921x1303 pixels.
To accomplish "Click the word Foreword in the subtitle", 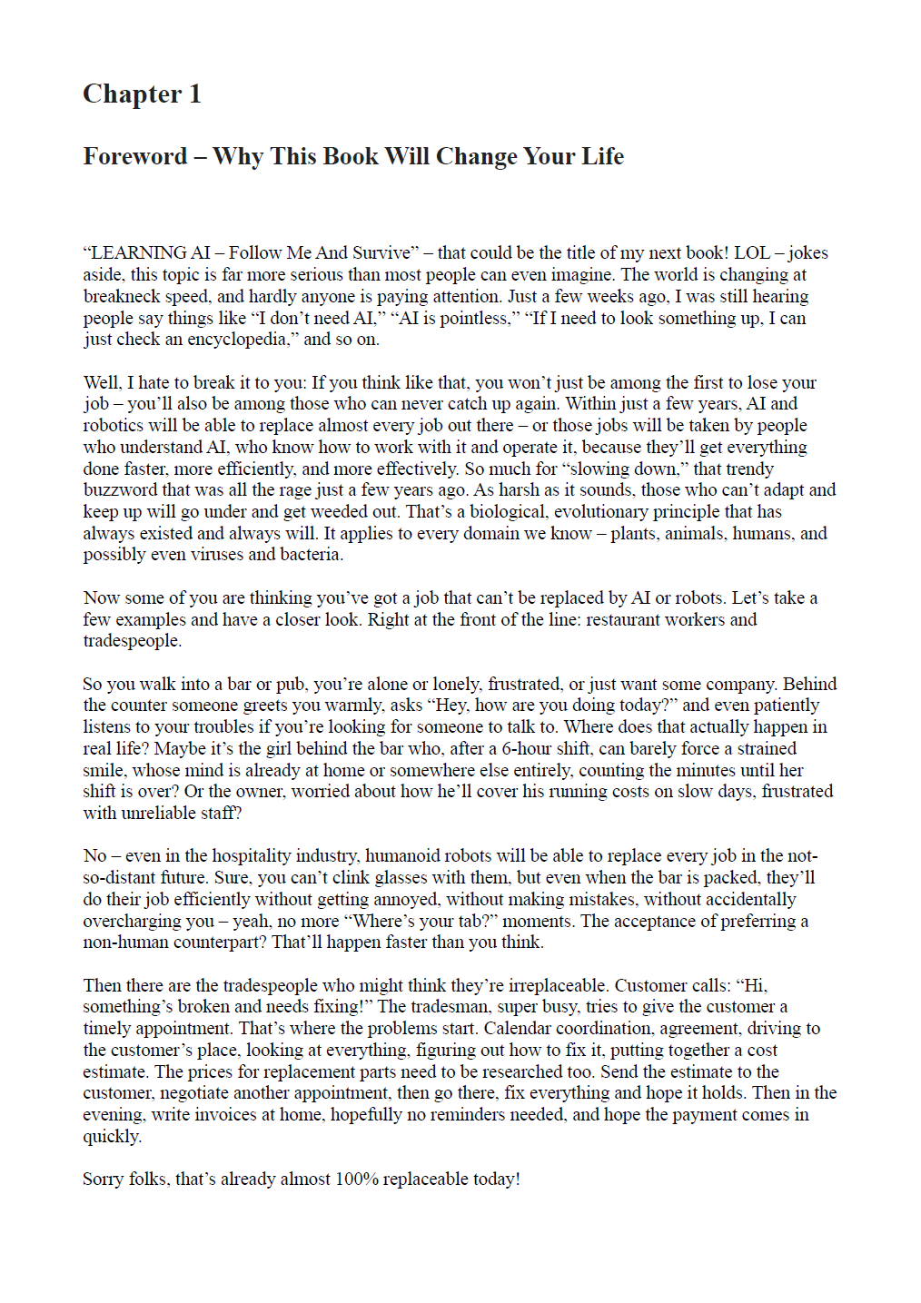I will click(x=135, y=156).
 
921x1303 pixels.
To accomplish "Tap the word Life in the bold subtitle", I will click(x=602, y=156).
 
